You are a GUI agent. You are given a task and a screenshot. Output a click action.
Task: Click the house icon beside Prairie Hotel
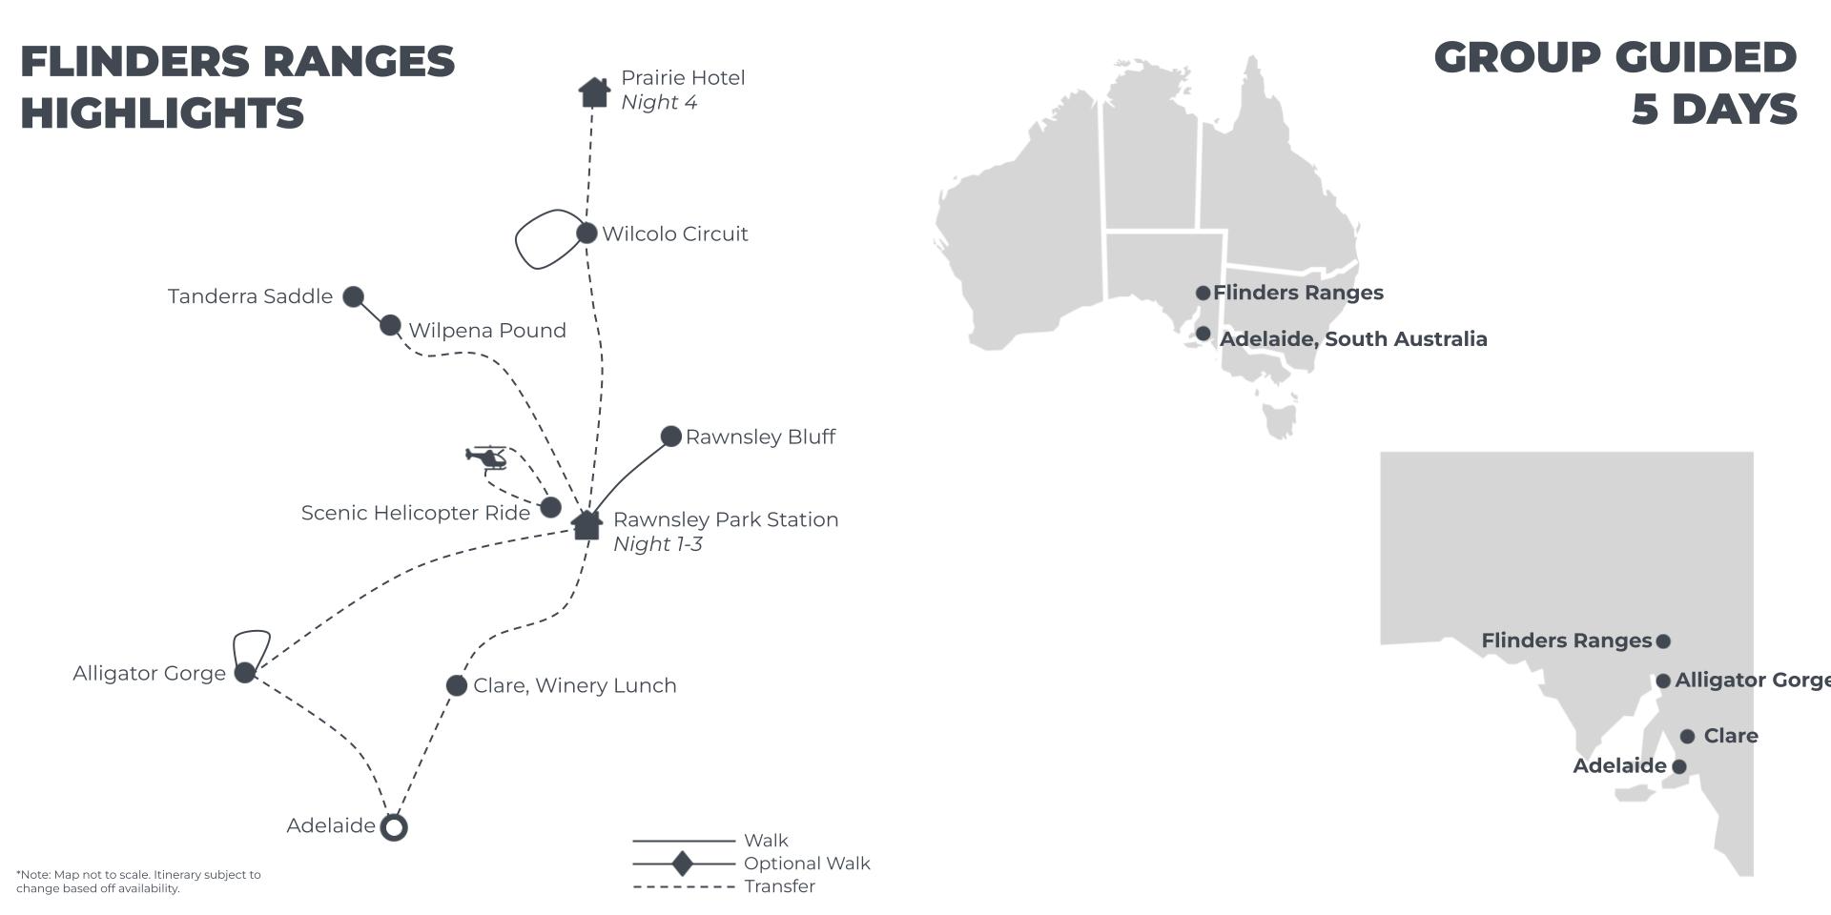pyautogui.click(x=594, y=92)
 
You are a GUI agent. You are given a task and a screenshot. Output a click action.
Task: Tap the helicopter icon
pyautogui.click(x=487, y=457)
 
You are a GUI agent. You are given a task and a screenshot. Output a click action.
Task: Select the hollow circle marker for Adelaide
pyautogui.click(x=394, y=826)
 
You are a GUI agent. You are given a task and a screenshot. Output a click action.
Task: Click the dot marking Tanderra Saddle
pyautogui.click(x=353, y=296)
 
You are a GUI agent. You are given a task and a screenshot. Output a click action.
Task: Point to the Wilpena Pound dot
pyautogui.click(x=390, y=326)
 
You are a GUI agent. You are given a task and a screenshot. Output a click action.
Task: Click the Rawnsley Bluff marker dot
pyautogui.click(x=671, y=437)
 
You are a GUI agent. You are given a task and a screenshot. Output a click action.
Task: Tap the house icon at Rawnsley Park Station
pyautogui.click(x=586, y=523)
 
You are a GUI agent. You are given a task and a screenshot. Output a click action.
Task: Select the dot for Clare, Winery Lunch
pyautogui.click(x=457, y=685)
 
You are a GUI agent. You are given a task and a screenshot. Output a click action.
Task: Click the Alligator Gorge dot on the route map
pyautogui.click(x=245, y=673)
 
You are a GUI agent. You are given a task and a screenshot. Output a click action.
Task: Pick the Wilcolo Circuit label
pyautogui.click(x=675, y=234)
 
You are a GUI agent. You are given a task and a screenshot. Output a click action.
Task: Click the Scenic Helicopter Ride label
pyautogui.click(x=416, y=513)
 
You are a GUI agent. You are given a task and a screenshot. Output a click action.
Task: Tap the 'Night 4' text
pyautogui.click(x=659, y=102)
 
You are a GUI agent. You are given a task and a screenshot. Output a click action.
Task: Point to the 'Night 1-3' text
pyautogui.click(x=658, y=544)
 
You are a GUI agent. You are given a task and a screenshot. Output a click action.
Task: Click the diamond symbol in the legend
pyautogui.click(x=683, y=864)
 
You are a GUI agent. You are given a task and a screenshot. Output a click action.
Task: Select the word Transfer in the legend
pyautogui.click(x=780, y=886)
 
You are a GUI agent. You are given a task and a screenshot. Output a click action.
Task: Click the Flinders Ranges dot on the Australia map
pyautogui.click(x=1204, y=293)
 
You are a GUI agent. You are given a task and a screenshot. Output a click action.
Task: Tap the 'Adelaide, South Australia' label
pyautogui.click(x=1353, y=339)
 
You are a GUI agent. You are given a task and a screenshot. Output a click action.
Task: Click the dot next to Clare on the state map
pyautogui.click(x=1688, y=737)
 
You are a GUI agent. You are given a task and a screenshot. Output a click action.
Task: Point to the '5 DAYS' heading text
pyautogui.click(x=1715, y=110)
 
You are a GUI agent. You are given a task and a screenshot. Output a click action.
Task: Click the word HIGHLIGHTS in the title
pyautogui.click(x=162, y=113)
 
